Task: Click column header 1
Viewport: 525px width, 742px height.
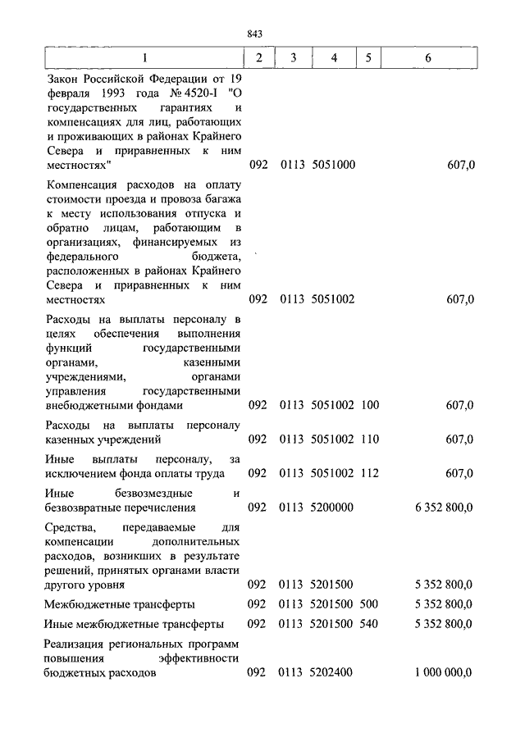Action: (145, 58)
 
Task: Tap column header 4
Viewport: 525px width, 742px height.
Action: (333, 58)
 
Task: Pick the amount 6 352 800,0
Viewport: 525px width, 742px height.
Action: (445, 508)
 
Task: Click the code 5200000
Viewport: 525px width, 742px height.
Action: (332, 508)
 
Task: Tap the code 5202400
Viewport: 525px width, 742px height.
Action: (332, 673)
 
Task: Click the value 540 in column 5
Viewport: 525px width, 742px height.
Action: (369, 624)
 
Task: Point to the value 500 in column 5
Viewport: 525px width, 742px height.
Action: (369, 604)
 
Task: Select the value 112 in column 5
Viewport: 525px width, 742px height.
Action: (369, 473)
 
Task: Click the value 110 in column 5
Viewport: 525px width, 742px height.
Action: (369, 439)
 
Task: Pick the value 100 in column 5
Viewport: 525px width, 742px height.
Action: (369, 405)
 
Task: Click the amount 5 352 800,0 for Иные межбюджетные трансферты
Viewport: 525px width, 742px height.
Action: (445, 624)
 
